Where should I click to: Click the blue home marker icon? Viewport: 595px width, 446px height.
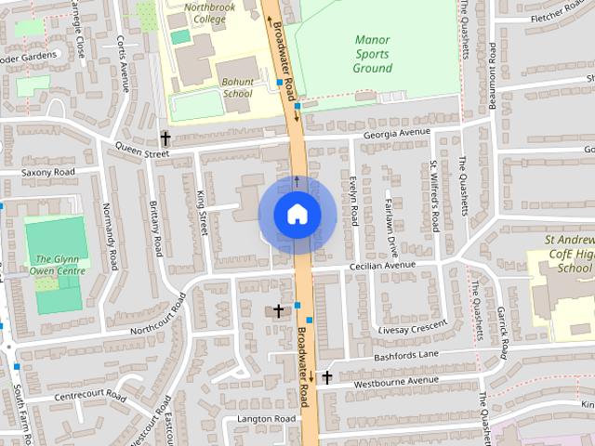pos(297,215)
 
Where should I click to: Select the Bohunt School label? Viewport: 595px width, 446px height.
pos(237,87)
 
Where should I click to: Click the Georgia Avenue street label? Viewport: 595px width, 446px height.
pos(398,133)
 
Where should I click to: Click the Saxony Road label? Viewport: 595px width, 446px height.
pos(48,173)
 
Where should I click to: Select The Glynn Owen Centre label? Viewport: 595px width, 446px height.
pos(58,265)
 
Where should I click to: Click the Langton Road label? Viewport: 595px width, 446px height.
pos(266,419)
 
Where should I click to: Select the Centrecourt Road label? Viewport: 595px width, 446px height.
pos(89,396)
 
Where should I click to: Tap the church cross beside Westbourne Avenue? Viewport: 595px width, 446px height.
pos(326,377)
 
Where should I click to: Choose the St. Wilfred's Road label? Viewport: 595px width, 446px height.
pos(434,196)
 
